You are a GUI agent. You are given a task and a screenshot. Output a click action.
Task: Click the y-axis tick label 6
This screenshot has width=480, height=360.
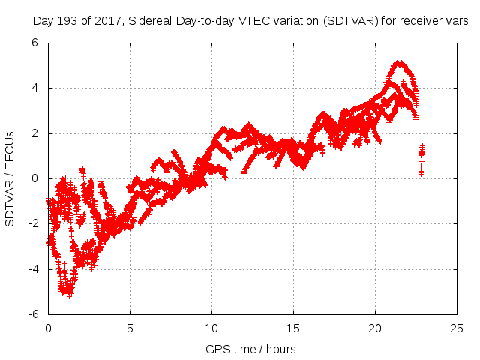point(35,43)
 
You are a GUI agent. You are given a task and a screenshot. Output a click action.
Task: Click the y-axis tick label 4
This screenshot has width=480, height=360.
point(35,88)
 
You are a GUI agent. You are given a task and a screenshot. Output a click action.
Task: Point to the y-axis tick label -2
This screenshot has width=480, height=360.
point(33,223)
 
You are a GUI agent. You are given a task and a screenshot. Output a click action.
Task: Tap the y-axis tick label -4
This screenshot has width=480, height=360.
point(33,268)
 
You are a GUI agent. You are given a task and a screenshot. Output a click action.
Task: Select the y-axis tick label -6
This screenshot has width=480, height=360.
point(33,313)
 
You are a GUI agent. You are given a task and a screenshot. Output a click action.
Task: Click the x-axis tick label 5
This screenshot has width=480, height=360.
point(130,328)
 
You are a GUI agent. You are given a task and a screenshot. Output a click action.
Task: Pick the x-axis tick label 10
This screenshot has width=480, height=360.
point(211,328)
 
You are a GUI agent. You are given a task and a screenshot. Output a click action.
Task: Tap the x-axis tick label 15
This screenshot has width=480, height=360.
point(293,328)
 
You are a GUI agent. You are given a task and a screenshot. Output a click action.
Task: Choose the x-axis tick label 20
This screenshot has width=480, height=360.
point(375,328)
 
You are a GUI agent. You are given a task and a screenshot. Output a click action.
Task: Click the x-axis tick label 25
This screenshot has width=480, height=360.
point(457,328)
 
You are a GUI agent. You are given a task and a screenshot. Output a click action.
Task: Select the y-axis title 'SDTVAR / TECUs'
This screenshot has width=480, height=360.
point(10,178)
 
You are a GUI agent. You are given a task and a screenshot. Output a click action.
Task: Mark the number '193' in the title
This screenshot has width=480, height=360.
point(69,22)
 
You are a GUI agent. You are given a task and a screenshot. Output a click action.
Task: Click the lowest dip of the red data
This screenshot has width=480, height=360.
point(69,295)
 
